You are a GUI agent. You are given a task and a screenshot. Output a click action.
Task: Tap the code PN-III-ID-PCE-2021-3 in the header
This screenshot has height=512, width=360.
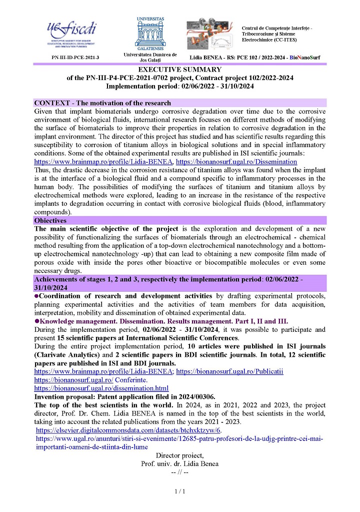click(75, 58)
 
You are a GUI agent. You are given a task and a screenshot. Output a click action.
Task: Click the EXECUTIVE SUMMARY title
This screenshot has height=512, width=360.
click(180, 70)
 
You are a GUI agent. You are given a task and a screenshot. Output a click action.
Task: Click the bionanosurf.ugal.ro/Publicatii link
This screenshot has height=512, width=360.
click(230, 372)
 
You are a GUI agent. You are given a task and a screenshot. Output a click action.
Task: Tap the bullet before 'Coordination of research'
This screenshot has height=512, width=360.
click(36, 296)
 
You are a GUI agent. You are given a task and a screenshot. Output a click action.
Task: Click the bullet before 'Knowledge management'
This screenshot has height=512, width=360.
click(36, 321)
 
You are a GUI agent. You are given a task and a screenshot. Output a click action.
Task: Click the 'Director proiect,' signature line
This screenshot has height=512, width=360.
click(180, 455)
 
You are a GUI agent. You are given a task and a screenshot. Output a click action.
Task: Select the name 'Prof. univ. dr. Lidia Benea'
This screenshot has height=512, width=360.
click(180, 464)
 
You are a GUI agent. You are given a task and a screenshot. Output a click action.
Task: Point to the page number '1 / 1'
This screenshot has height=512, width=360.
click(180, 492)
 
